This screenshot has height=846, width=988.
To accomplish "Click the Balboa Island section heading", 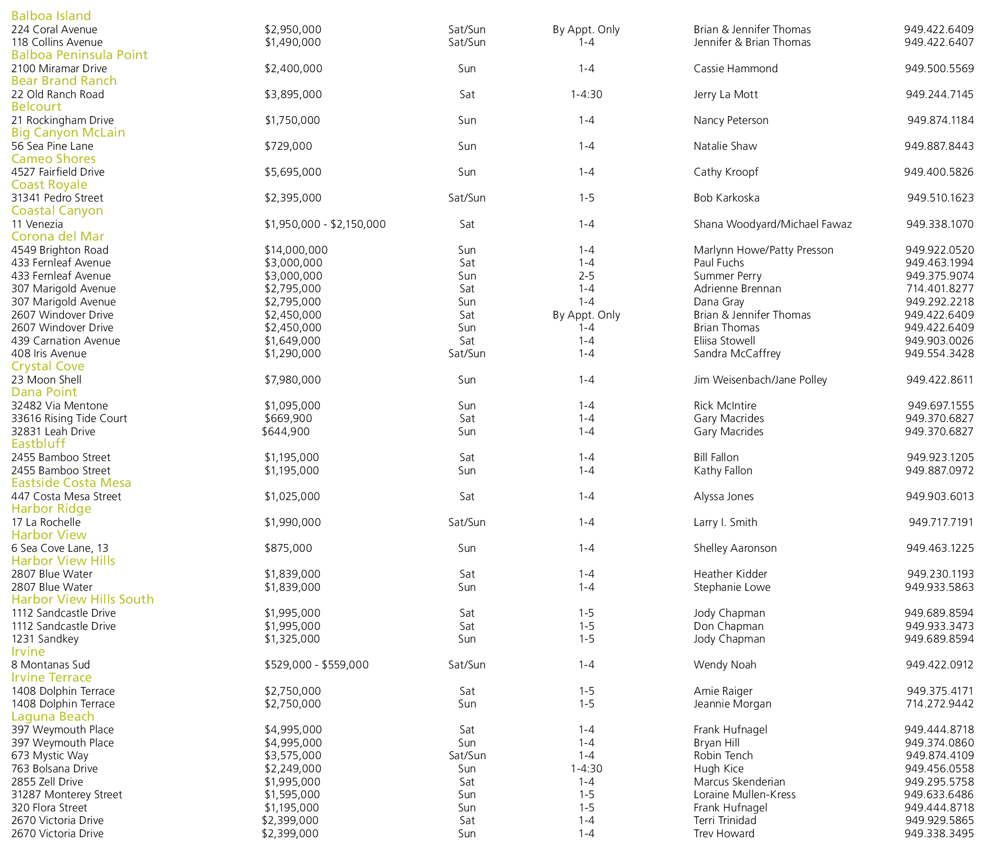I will pyautogui.click(x=51, y=16).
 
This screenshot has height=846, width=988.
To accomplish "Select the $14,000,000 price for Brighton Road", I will pyautogui.click(x=296, y=250).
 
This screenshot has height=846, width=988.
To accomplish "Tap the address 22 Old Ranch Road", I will pyautogui.click(x=58, y=95).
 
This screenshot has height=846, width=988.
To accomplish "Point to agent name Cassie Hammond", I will pyautogui.click(x=736, y=69).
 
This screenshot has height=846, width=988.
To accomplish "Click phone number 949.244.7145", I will pyautogui.click(x=940, y=95).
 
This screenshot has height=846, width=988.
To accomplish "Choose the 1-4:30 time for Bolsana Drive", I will pyautogui.click(x=586, y=769).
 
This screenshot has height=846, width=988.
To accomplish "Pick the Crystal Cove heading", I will pyautogui.click(x=48, y=366).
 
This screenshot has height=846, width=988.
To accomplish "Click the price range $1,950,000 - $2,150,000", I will pyautogui.click(x=325, y=224).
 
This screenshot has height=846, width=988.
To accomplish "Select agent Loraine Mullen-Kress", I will pyautogui.click(x=745, y=795).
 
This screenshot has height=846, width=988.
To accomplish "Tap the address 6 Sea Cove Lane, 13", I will pyautogui.click(x=60, y=548).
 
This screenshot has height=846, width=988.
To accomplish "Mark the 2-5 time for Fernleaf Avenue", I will pyautogui.click(x=586, y=276).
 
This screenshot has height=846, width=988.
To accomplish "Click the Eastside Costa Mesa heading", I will pyautogui.click(x=71, y=483).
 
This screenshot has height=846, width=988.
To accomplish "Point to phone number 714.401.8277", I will pyautogui.click(x=940, y=289).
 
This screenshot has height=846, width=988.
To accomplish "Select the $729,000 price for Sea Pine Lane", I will pyautogui.click(x=288, y=146).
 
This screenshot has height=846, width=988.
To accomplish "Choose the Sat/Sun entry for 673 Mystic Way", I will pyautogui.click(x=467, y=756).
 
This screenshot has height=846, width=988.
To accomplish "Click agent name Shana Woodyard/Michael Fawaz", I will pyautogui.click(x=773, y=224).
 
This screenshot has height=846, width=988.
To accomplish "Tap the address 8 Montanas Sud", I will pyautogui.click(x=51, y=665).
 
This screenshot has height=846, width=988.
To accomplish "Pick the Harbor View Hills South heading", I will pyautogui.click(x=82, y=600).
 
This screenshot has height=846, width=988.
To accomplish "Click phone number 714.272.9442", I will pyautogui.click(x=940, y=704).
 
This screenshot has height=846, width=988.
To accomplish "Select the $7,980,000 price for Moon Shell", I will pyautogui.click(x=293, y=380).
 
